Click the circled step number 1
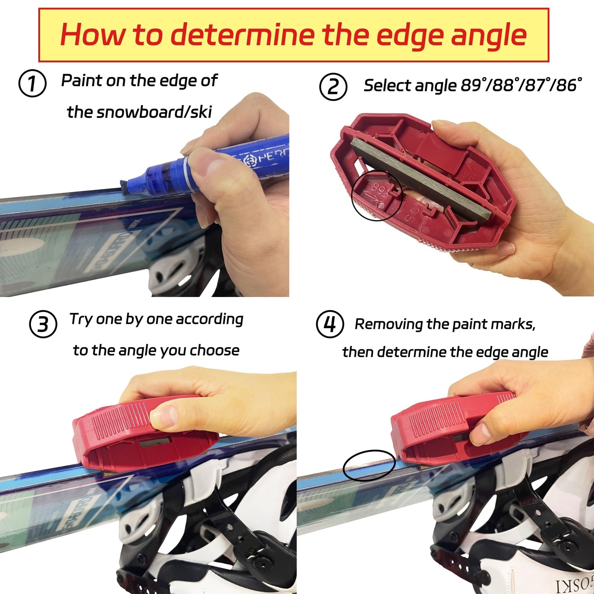point(32,84)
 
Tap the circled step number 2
point(333,87)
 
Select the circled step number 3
point(43,324)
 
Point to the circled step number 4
point(330,324)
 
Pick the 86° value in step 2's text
point(568,86)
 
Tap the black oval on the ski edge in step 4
point(369,466)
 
